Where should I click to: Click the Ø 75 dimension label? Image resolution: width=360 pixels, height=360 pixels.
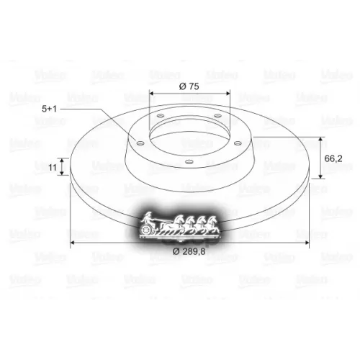[188, 86]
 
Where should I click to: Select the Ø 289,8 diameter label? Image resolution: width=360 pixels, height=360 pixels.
[189, 251]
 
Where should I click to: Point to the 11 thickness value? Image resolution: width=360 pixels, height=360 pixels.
[52, 167]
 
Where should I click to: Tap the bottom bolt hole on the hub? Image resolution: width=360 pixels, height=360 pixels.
[187, 163]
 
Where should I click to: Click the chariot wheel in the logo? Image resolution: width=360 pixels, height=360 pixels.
[148, 230]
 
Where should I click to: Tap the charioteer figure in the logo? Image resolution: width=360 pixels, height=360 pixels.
[150, 217]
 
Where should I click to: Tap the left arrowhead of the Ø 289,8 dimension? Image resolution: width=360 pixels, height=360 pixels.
[73, 243]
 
